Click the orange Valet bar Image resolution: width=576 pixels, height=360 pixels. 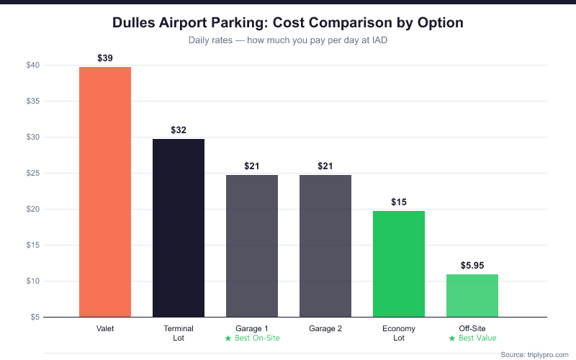[x=105, y=192]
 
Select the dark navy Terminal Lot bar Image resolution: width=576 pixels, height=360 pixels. [x=179, y=228]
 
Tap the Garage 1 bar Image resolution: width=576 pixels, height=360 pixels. [x=252, y=246]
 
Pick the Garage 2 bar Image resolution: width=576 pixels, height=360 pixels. [x=325, y=246]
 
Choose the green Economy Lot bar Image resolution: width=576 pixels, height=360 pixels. [x=399, y=264]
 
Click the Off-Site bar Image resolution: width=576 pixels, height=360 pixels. [x=472, y=295]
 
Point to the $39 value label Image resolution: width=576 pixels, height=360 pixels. [x=105, y=58]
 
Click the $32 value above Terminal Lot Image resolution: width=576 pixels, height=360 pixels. [x=179, y=130]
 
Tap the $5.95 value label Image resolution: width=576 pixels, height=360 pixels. [x=472, y=265]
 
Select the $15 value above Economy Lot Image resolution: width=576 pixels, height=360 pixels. [x=399, y=202]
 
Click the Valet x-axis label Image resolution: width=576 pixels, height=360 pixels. [x=105, y=328]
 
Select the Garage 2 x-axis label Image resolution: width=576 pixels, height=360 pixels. [x=325, y=328]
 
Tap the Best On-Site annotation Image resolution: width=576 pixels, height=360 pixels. [x=252, y=338]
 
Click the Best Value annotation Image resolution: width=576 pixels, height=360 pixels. [x=472, y=338]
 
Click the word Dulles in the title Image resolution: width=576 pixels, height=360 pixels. [x=137, y=23]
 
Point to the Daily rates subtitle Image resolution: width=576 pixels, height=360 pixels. [x=288, y=40]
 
